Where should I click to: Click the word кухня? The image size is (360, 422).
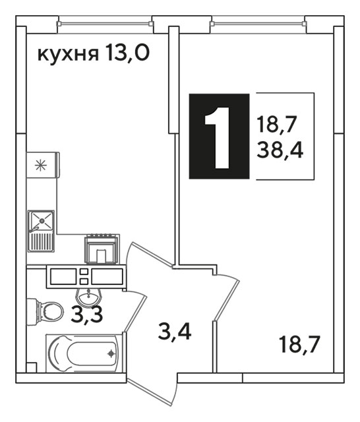tap(67, 55)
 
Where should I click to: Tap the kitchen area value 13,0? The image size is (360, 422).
tap(127, 53)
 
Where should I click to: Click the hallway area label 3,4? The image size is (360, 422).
tap(175, 332)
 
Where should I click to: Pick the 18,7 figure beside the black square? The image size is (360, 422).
tap(277, 125)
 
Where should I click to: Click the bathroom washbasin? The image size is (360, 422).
tap(89, 297)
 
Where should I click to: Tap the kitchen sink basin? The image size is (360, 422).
tap(42, 221)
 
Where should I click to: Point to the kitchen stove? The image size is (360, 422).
tap(101, 249)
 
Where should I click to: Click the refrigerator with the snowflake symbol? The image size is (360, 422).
tap(43, 165)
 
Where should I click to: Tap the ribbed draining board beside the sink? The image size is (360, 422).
tap(42, 242)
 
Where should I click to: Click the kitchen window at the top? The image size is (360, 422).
tap(105, 24)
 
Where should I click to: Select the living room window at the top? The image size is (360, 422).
tap(258, 24)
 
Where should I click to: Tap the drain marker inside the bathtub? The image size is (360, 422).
tap(111, 353)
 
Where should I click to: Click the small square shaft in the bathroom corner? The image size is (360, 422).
tap(31, 368)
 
